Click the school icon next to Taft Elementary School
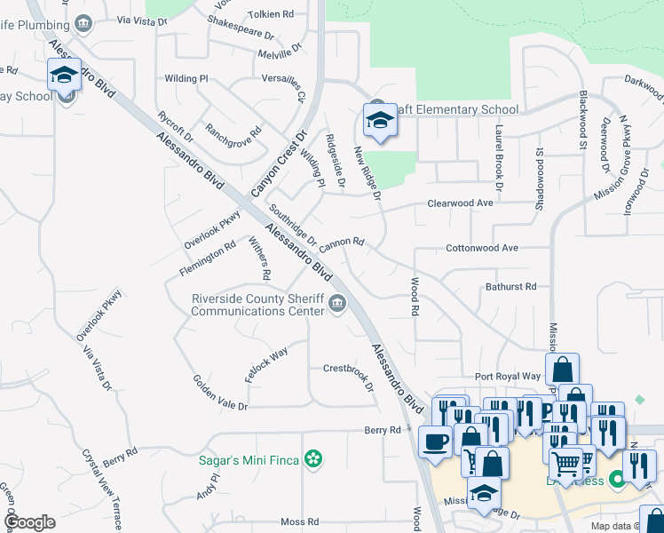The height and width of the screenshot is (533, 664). (380, 121)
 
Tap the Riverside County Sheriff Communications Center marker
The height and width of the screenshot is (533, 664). (337, 305)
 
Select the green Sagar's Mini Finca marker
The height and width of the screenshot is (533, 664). (312, 459)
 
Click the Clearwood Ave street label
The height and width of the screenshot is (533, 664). (459, 203)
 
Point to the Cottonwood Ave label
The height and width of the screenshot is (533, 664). (481, 248)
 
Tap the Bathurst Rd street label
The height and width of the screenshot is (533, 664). (510, 287)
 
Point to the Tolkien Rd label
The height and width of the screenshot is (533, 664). (275, 14)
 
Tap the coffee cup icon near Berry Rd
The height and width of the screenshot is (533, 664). (435, 442)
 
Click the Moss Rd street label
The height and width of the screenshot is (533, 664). (299, 521)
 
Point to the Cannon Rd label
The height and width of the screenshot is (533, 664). (343, 242)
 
